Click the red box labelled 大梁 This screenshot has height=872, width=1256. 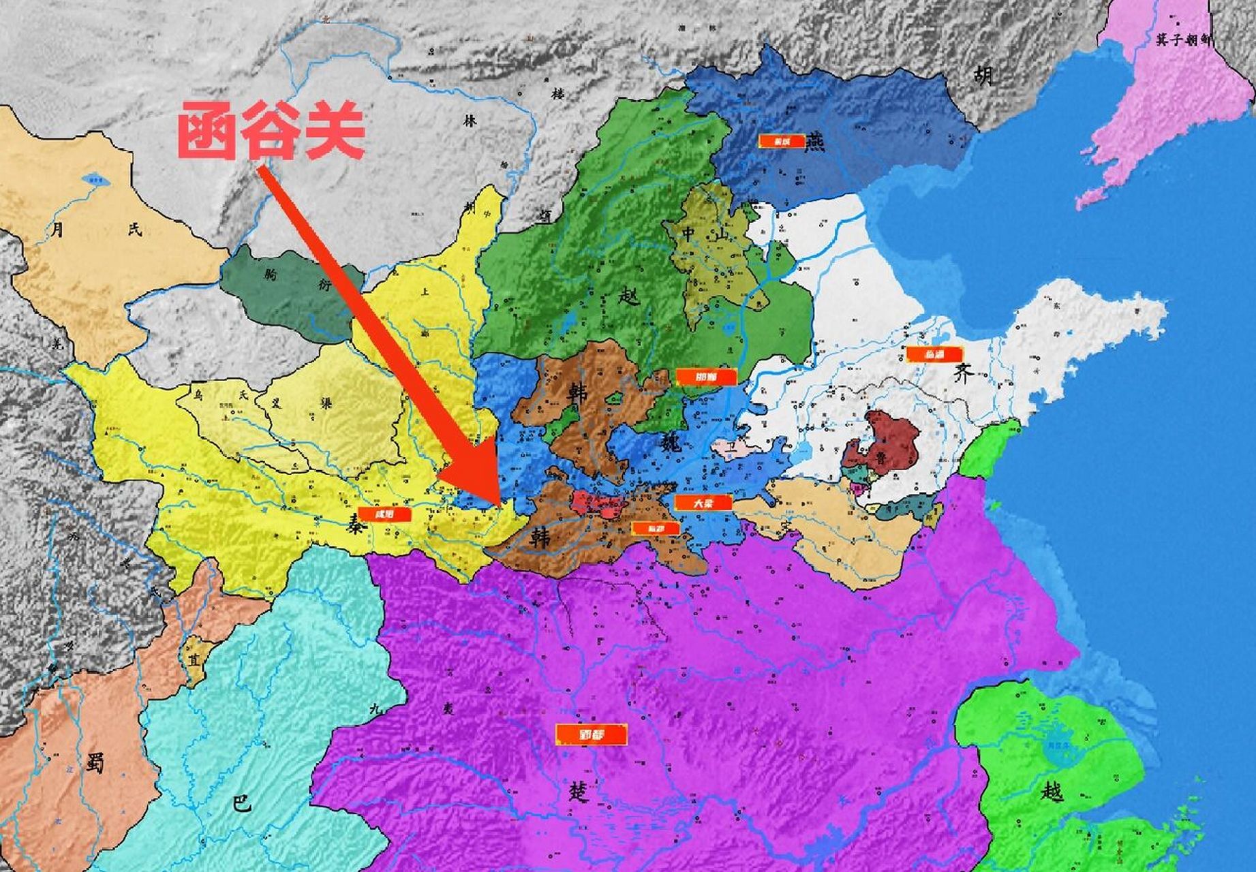pos(703,503)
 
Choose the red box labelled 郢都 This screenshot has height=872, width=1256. pos(591,734)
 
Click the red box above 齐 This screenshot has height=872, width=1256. pos(933,354)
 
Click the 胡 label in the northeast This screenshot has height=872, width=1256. pos(983,75)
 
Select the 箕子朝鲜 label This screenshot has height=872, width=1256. pos(1184,40)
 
